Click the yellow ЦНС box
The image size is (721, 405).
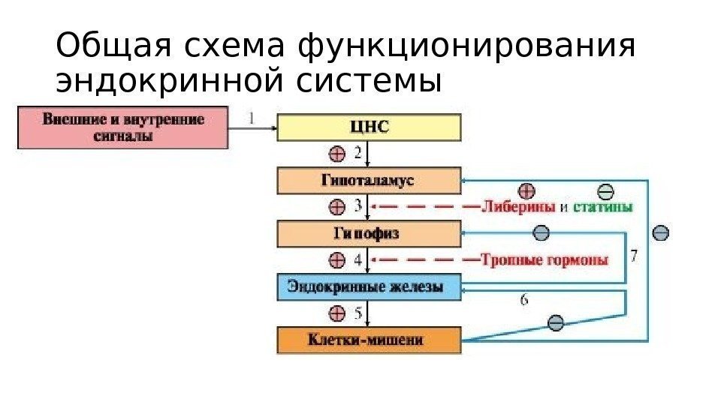tap(368, 127)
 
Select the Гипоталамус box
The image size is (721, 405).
tap(368, 181)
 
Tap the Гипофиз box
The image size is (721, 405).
tap(368, 234)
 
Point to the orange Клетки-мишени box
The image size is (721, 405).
tap(368, 340)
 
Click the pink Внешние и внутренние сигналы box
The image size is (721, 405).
tap(123, 127)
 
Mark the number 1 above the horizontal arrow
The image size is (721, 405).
tap(252, 117)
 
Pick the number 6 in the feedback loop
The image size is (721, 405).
tap(523, 300)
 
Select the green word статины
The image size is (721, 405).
tap(602, 206)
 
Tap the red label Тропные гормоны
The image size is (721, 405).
tap(545, 259)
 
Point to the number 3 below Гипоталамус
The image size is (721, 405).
tap(358, 205)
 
